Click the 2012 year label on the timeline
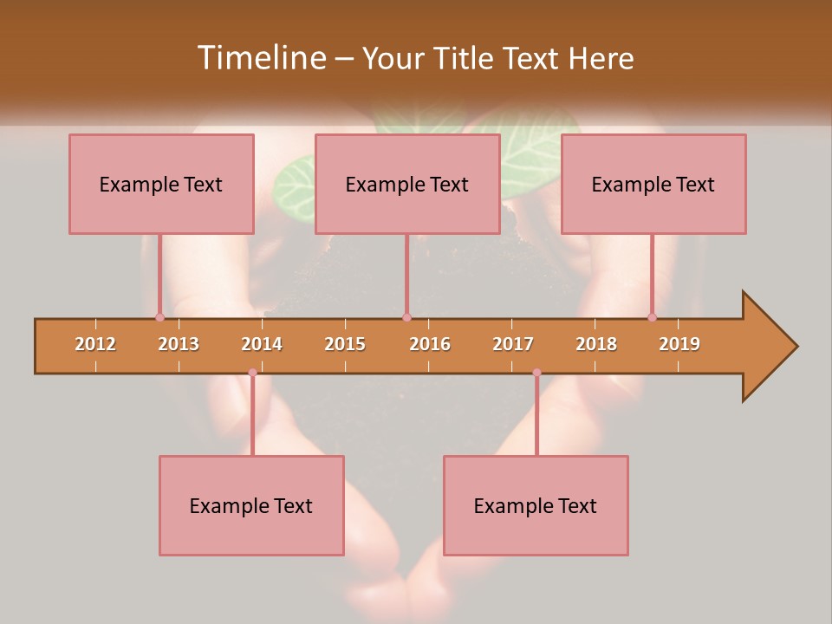95,344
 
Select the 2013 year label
179,344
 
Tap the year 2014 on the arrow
262,344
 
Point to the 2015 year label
345,344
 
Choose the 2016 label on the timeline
430,344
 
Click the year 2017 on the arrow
513,344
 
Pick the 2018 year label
596,344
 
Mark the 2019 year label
679,344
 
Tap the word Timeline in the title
259,58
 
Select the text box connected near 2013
161,184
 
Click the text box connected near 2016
407,184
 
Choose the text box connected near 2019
653,184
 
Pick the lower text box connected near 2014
251,505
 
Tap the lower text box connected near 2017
536,505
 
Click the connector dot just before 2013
159,317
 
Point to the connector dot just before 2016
406,317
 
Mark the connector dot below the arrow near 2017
536,373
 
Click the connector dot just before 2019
653,317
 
